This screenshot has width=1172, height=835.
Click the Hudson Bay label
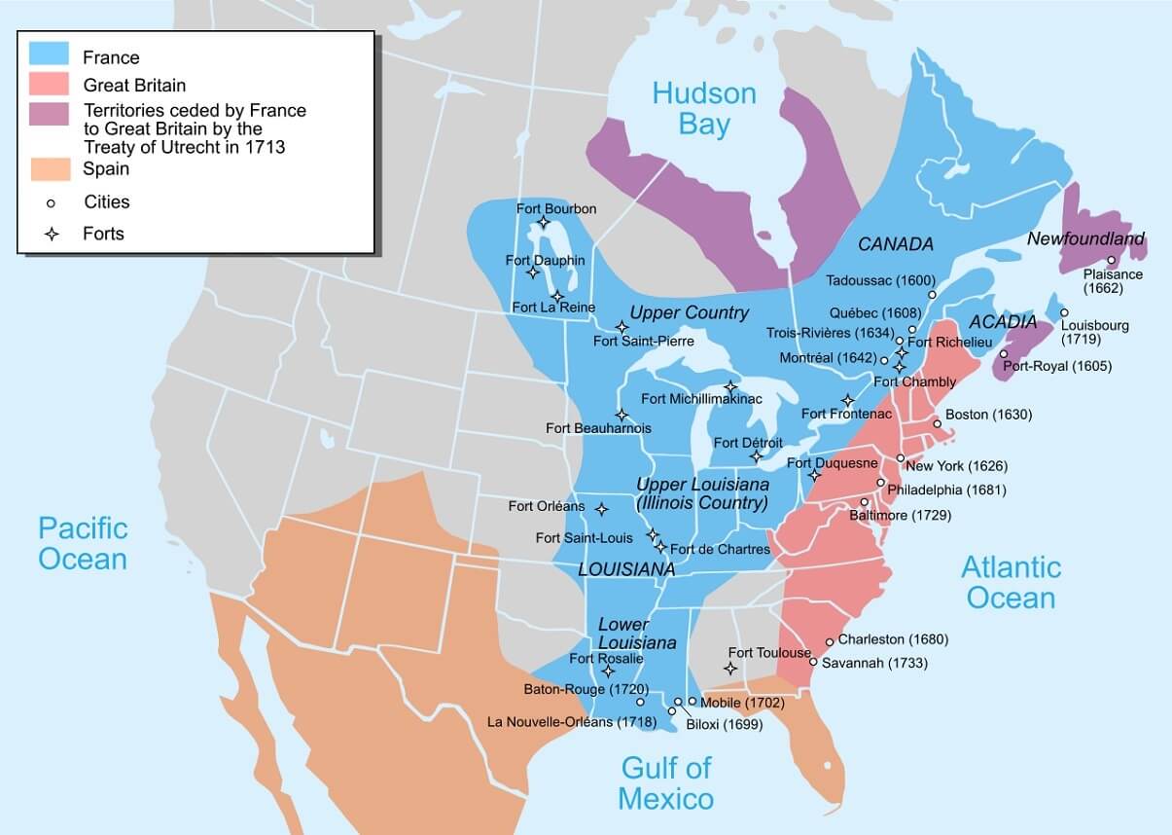pos(704,108)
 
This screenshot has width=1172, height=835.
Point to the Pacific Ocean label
pos(83,543)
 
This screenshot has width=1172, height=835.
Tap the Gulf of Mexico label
pos(666,783)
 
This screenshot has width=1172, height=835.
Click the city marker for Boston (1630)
pos(937,424)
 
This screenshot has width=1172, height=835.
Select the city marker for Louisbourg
pos(1065,312)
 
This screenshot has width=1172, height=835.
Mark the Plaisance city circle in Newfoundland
pos(1111,260)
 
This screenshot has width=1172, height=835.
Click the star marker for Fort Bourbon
pos(544,224)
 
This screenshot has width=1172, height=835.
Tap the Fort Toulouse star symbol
pos(729,668)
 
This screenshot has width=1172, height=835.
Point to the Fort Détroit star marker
pos(756,455)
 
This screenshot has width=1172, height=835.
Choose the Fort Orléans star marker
pos(601,509)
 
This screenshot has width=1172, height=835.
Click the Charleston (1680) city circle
pos(830,641)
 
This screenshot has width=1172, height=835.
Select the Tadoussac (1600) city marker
pos(932,294)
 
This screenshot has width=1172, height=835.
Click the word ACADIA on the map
pos(1002,322)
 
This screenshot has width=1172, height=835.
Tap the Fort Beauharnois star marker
pos(622,415)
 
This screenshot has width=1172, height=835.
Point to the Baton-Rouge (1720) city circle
pos(640,702)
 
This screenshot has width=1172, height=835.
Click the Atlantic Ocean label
pos(1011,581)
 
